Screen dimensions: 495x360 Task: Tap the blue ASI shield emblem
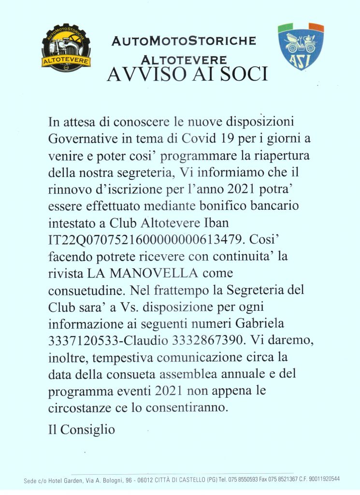[301, 46]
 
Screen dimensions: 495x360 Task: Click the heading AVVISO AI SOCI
[187, 75]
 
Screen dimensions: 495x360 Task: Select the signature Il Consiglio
[82, 429]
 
